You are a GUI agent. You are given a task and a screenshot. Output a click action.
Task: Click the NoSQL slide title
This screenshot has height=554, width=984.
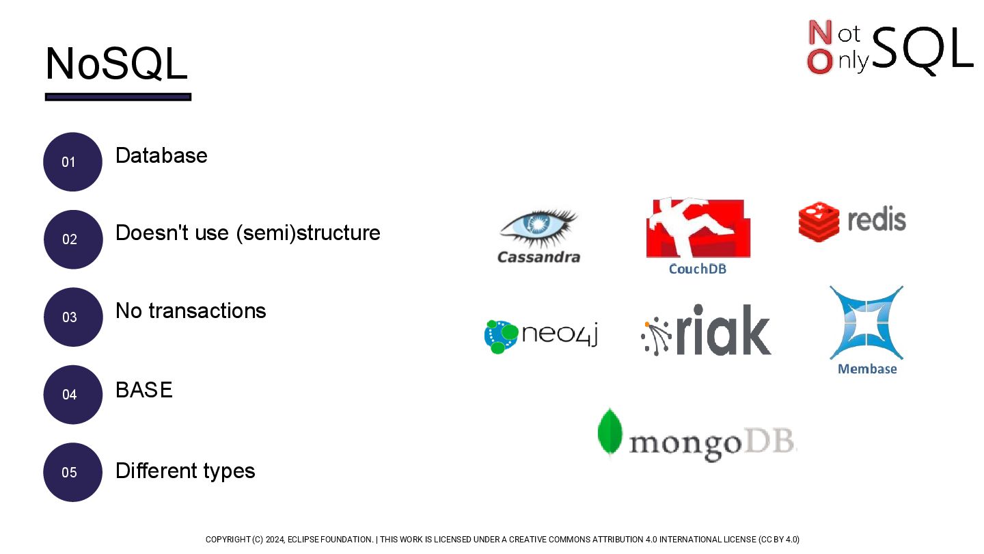coord(116,64)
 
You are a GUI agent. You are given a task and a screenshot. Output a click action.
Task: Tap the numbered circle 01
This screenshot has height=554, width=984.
coord(72,162)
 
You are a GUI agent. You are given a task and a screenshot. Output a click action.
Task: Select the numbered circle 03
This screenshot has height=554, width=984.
coord(72,317)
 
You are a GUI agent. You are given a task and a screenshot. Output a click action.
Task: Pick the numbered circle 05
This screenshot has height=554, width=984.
coord(72,472)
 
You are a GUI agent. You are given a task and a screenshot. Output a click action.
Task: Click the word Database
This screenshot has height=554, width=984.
coord(161,156)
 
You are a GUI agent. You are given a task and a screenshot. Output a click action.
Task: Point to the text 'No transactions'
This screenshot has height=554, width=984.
coord(191,311)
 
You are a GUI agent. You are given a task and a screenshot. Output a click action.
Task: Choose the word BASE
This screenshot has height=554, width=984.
coord(143,390)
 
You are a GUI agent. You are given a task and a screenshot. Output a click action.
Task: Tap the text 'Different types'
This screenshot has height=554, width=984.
coord(185,471)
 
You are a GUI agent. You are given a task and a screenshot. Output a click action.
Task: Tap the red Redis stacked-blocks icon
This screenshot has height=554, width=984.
coord(819,221)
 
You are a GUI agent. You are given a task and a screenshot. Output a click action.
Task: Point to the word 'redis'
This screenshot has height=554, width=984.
coord(877,220)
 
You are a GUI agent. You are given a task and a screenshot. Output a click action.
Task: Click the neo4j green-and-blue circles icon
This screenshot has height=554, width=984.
coord(501,336)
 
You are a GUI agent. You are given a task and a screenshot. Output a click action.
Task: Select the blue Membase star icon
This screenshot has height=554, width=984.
coord(866,322)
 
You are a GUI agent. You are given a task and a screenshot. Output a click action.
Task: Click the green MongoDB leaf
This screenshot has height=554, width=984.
coord(609,432)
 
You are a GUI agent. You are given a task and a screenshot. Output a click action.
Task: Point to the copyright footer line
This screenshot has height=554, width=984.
coord(502,540)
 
